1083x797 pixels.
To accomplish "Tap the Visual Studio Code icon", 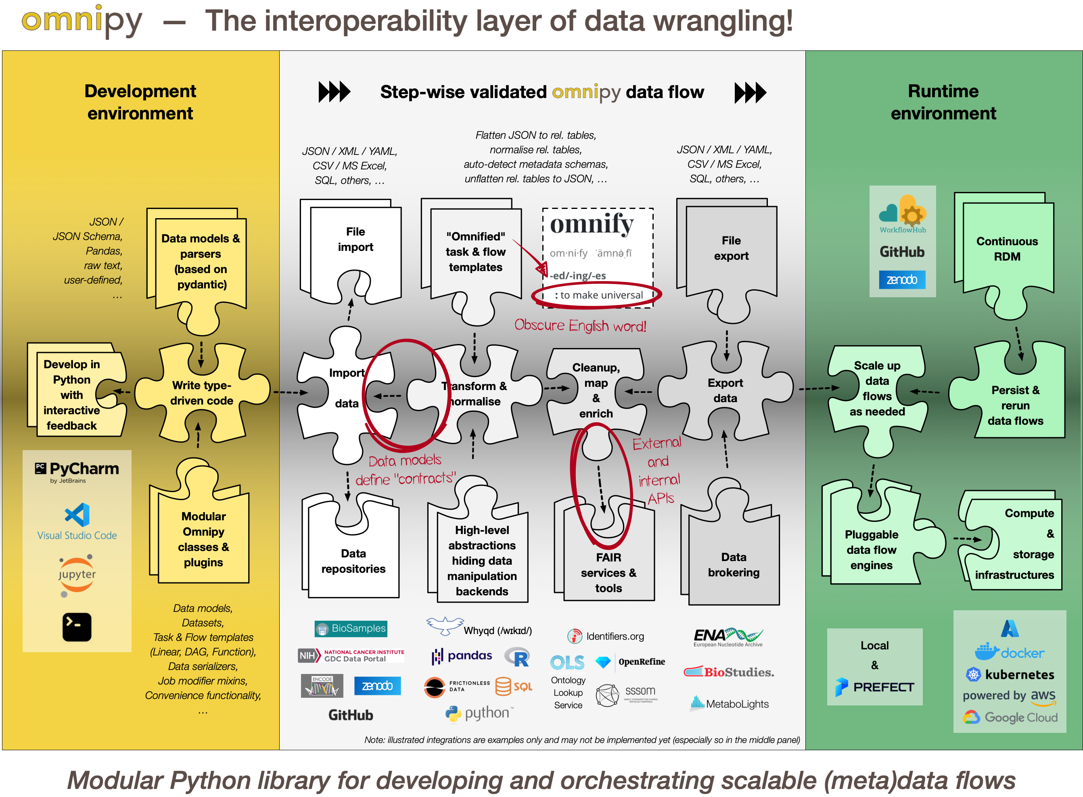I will [77, 515].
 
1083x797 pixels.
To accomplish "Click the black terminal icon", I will [77, 627].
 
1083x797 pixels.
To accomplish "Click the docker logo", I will [1009, 652].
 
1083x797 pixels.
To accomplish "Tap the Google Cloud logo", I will [1010, 718].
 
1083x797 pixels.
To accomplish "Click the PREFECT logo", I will [874, 686].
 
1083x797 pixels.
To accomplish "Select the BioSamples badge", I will [351, 628].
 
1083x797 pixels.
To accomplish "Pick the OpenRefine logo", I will [630, 661].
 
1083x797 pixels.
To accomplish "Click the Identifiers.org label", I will [606, 636].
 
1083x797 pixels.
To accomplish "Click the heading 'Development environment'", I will [140, 102].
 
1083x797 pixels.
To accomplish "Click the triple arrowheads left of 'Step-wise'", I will [334, 92].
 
